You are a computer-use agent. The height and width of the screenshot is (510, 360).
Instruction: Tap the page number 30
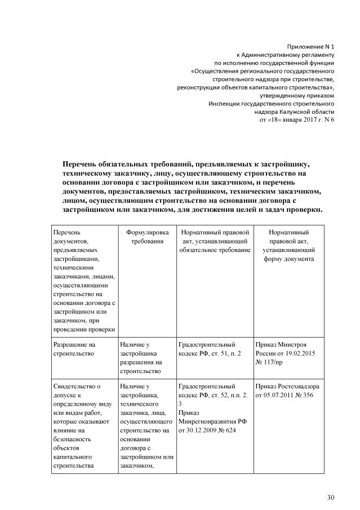[x=331, y=497]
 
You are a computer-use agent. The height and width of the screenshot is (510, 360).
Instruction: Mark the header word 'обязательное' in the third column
[x=199, y=250]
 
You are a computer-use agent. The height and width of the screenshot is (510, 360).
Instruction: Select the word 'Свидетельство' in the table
[x=76, y=386]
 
